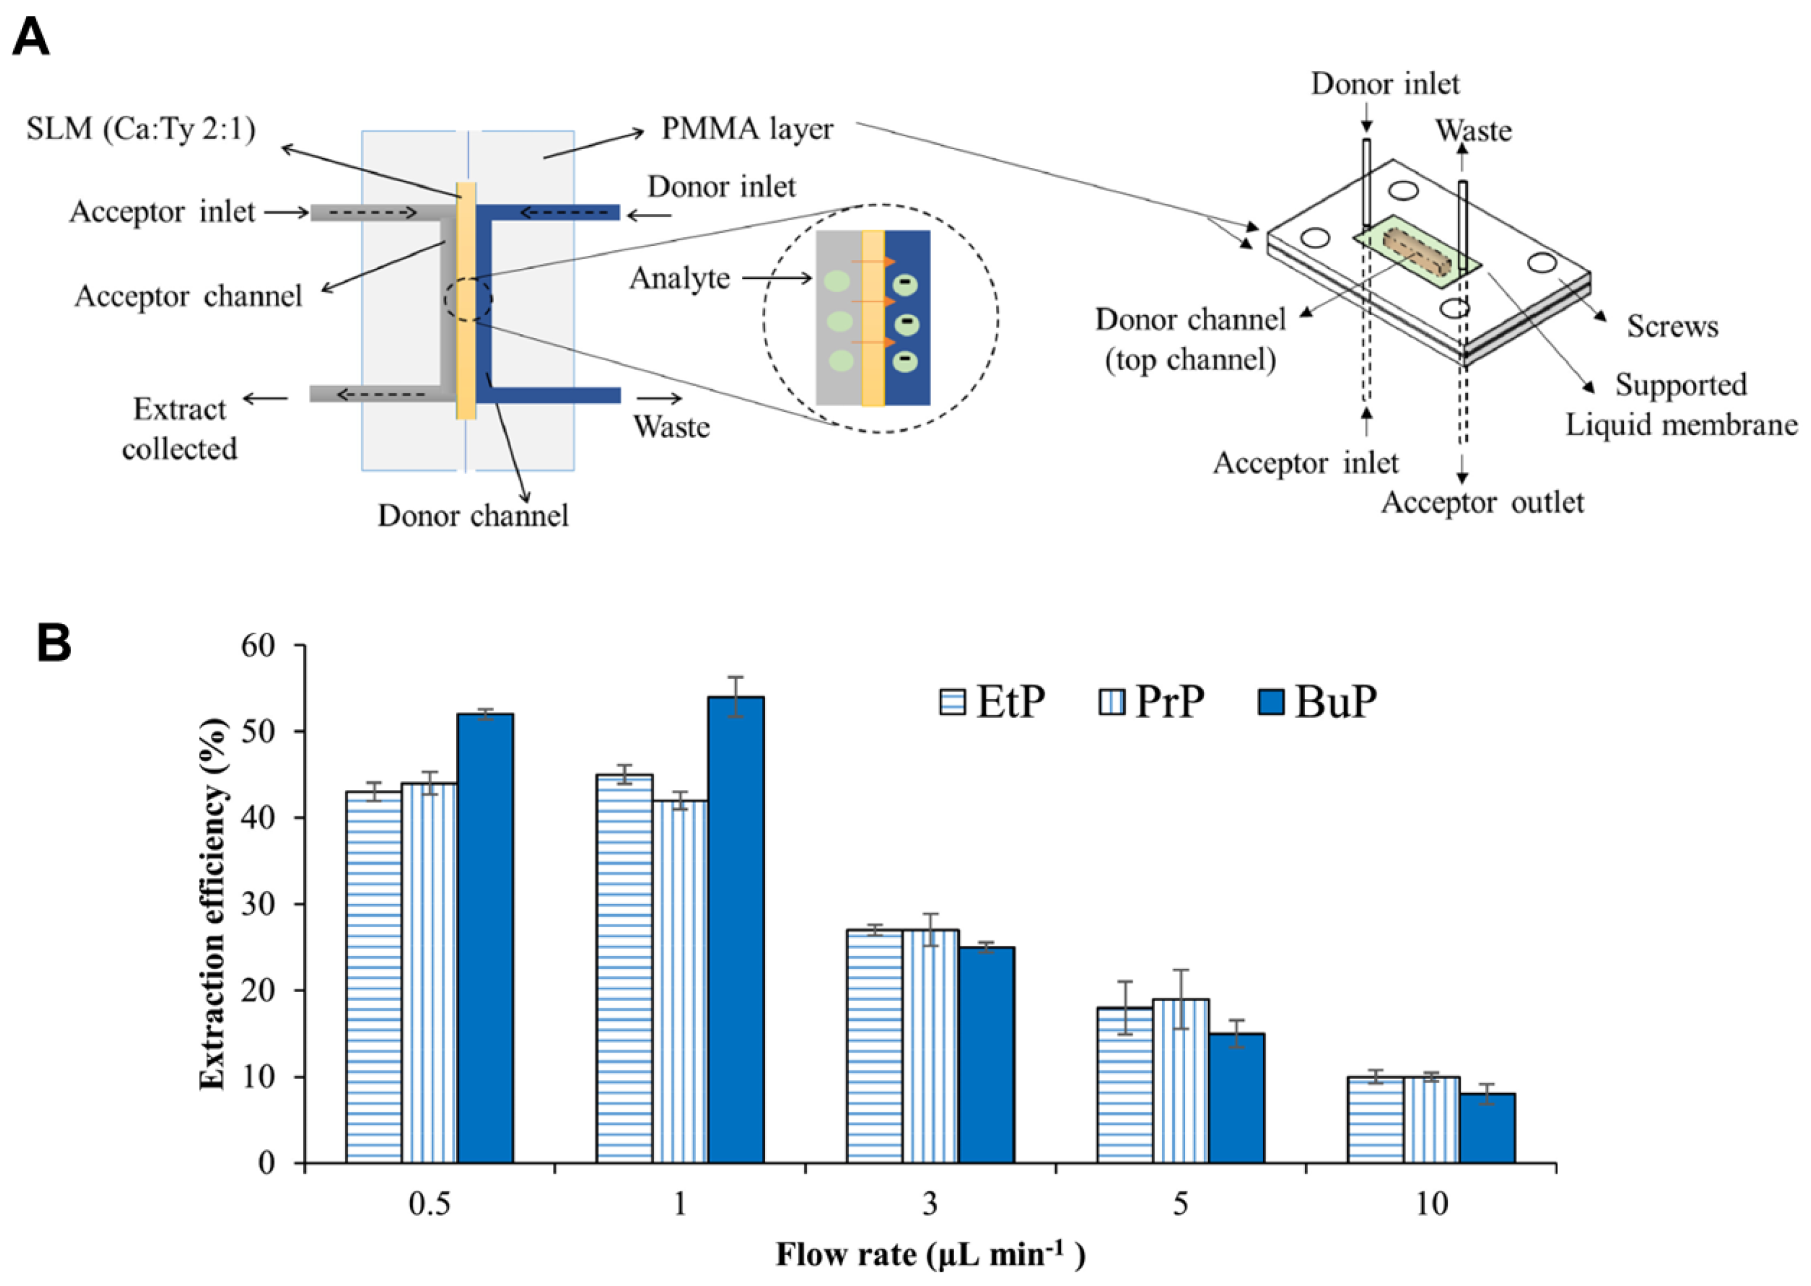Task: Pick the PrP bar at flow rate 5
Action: pos(1181,1080)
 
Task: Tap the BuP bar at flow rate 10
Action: pos(1487,1128)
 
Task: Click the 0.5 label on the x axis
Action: pos(429,1204)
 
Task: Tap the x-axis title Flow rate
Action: pos(930,1254)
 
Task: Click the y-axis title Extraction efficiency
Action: pos(212,904)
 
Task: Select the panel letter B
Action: pos(54,644)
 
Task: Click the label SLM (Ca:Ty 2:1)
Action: pos(141,129)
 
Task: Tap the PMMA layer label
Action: pos(747,129)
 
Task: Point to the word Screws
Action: pos(1672,326)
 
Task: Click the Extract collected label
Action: pos(180,429)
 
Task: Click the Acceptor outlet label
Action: pos(1482,502)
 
